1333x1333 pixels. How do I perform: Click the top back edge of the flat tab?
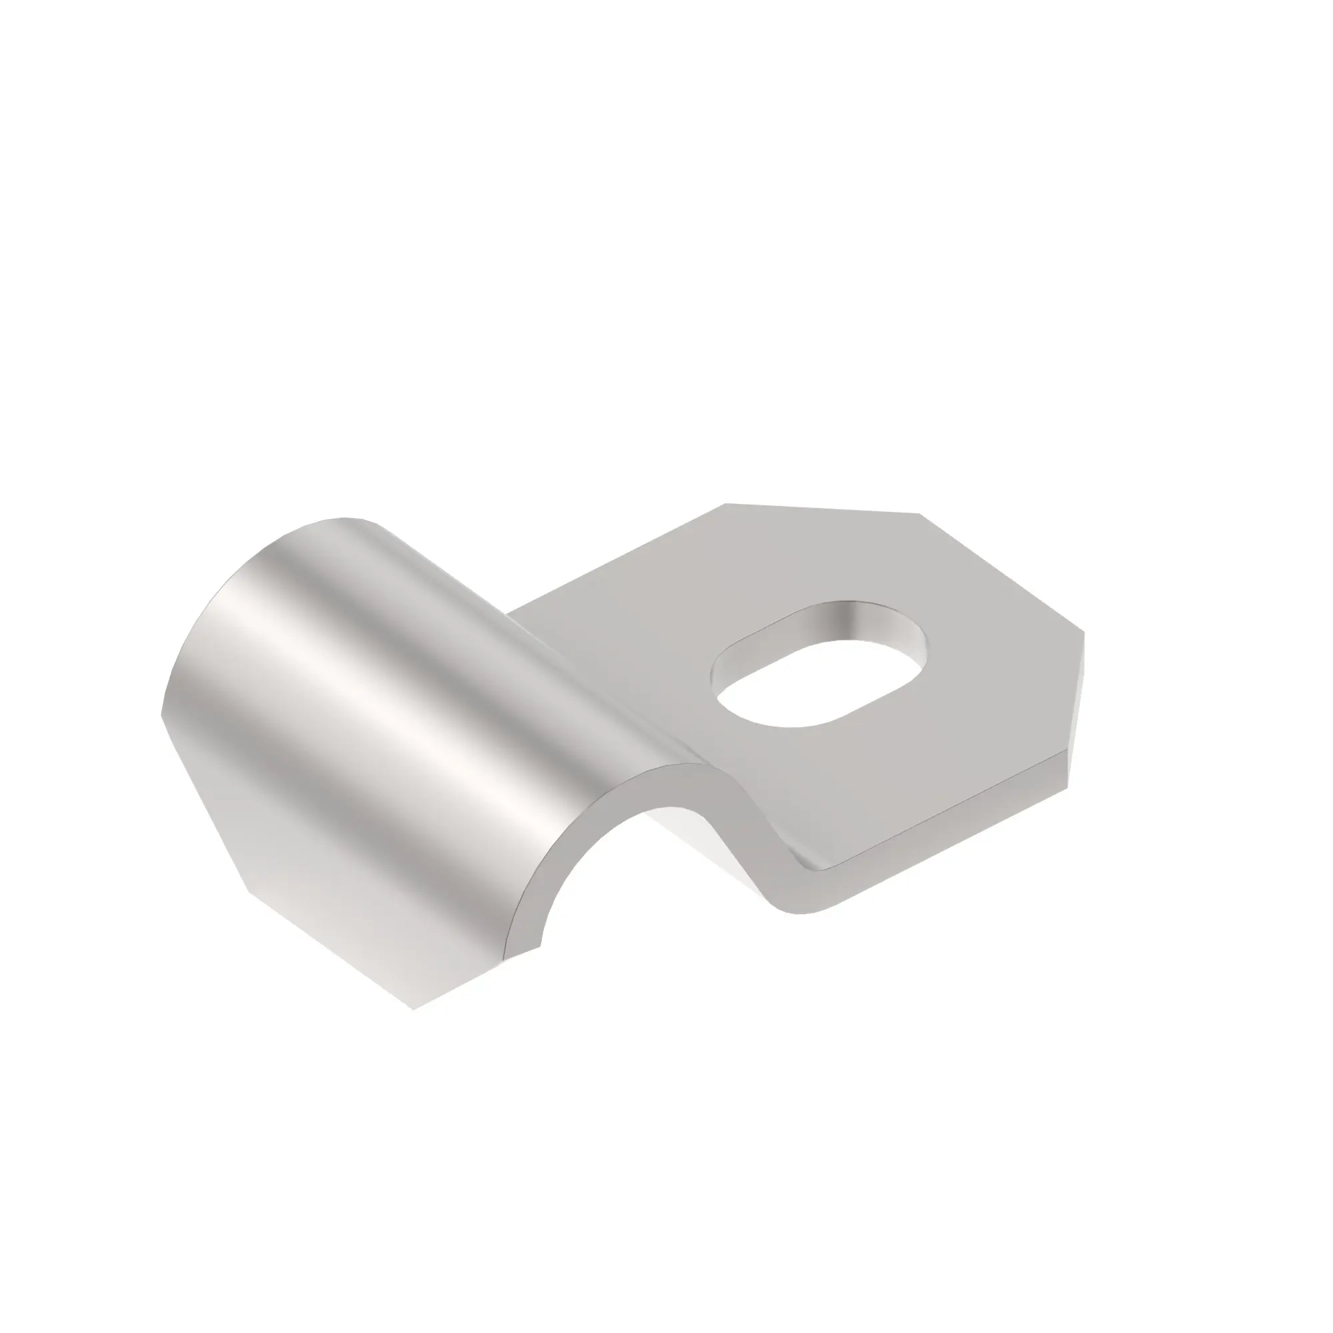(x=821, y=509)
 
